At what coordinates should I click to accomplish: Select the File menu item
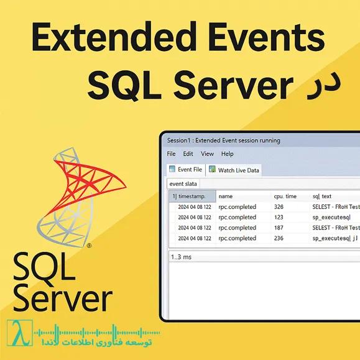(x=172, y=154)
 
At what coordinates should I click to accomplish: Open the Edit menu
(x=188, y=154)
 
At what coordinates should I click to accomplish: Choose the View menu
(x=207, y=154)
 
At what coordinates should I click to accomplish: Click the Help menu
(x=228, y=154)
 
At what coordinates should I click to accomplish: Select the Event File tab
(x=186, y=169)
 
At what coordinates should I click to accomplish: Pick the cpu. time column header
(x=285, y=196)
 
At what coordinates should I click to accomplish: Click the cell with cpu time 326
(x=279, y=207)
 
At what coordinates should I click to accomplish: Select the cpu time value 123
(x=279, y=218)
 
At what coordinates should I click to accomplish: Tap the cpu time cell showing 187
(x=279, y=228)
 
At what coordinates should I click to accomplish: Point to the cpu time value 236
(x=279, y=238)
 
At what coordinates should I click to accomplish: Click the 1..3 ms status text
(x=182, y=256)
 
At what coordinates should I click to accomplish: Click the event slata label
(x=183, y=184)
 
